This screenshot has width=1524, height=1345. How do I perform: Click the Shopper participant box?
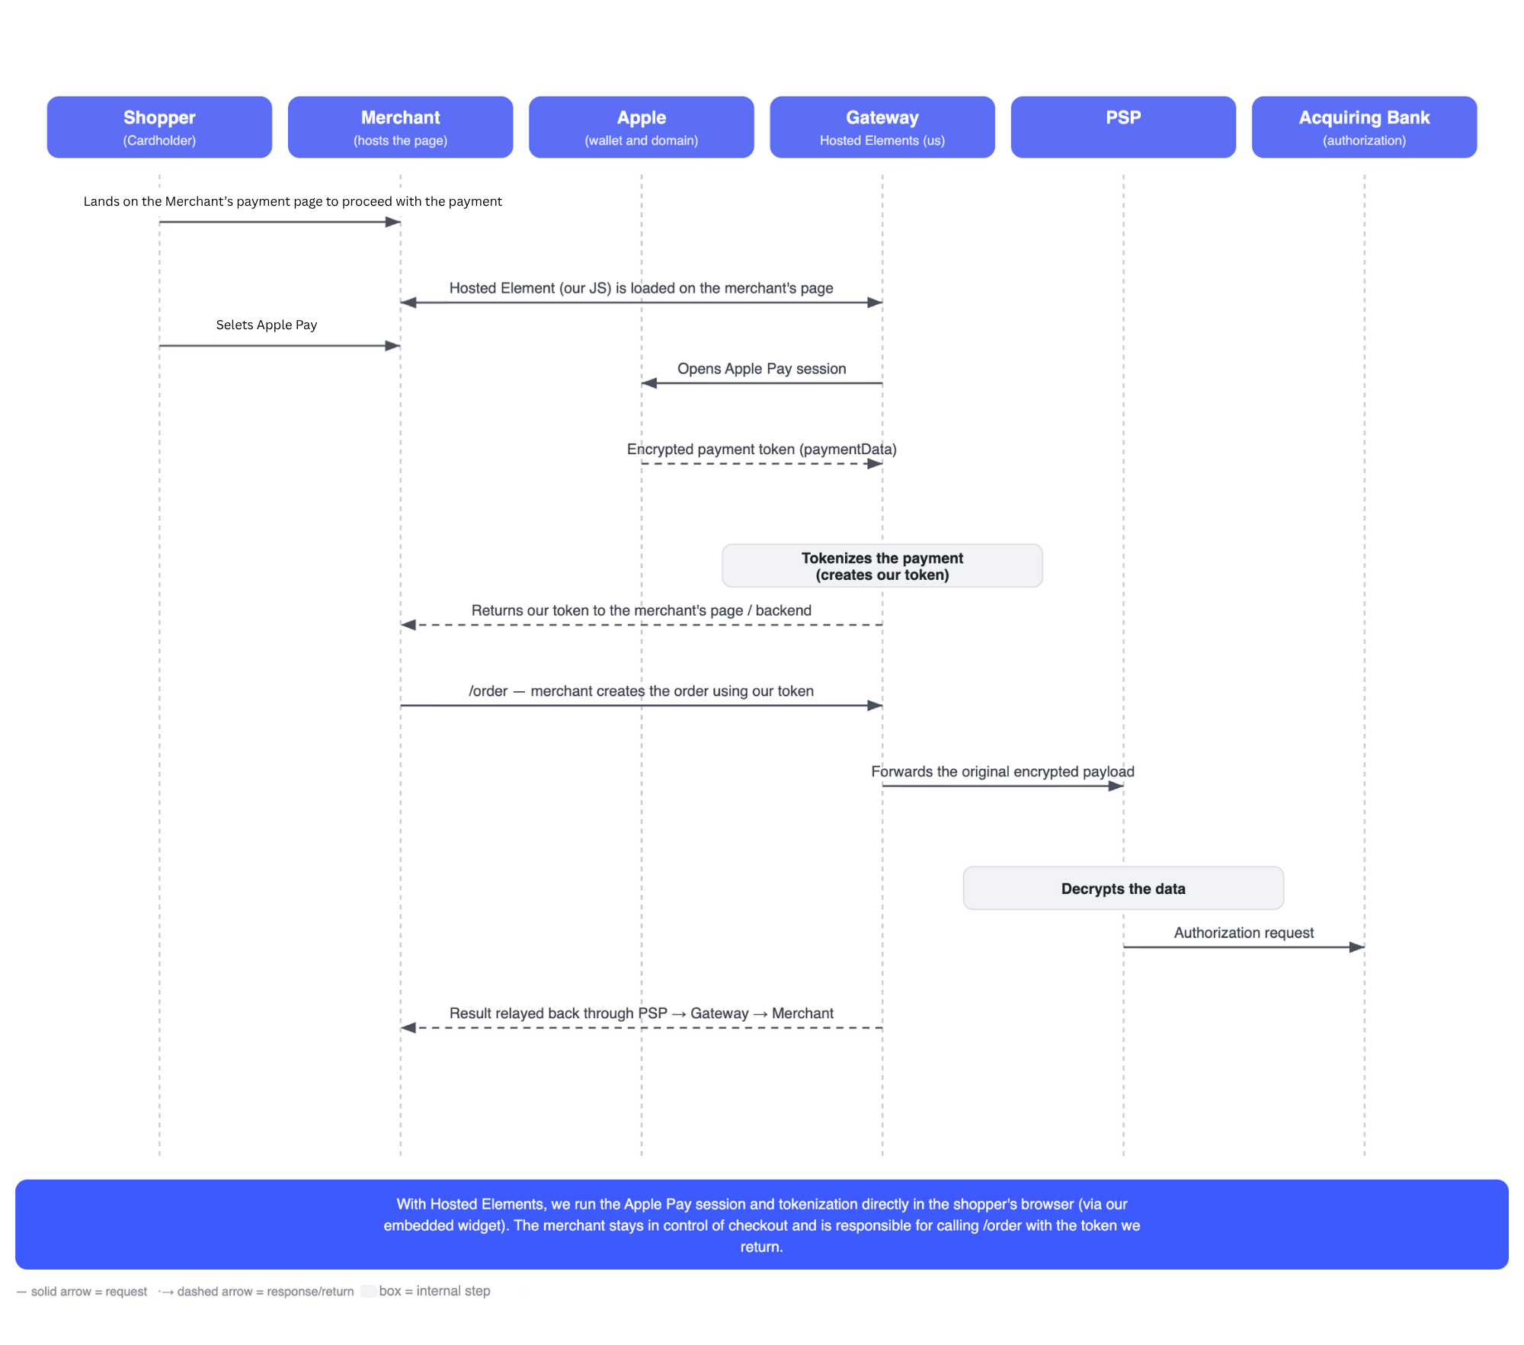(159, 127)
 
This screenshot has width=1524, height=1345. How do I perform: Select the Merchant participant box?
(400, 127)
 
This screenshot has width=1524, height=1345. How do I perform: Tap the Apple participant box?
(642, 127)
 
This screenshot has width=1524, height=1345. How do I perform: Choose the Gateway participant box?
(882, 127)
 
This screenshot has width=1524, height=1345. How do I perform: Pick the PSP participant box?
(1123, 127)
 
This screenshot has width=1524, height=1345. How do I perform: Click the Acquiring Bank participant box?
(1364, 127)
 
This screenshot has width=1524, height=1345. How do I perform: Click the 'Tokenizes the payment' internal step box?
(882, 565)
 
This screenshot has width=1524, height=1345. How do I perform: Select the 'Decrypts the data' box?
(1123, 888)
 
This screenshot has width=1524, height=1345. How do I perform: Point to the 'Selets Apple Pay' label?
(267, 325)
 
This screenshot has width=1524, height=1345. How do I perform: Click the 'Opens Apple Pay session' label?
(762, 369)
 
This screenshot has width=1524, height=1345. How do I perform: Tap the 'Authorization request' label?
(1244, 933)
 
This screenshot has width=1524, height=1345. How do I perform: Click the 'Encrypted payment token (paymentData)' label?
(762, 449)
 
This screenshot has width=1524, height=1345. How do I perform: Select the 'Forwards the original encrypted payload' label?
(1003, 771)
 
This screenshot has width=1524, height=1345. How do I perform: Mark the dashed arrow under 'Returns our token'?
(642, 625)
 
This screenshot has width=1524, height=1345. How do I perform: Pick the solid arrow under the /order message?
(642, 706)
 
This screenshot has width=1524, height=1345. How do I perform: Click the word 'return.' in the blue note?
(762, 1247)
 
